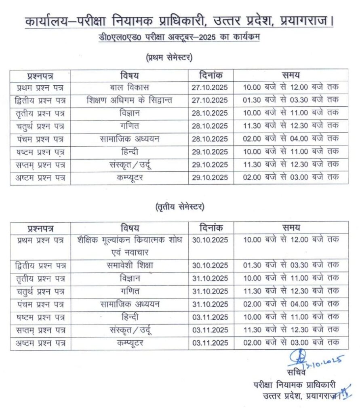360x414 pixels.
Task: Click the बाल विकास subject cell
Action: [x=129, y=87]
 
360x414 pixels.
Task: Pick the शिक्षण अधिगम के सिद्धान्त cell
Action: [x=129, y=100]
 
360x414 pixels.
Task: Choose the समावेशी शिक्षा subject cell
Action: [x=129, y=266]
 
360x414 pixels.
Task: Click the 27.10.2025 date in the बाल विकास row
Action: [x=211, y=88]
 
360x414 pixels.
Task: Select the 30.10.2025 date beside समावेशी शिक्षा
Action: [x=211, y=266]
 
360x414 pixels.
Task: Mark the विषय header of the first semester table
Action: [x=129, y=75]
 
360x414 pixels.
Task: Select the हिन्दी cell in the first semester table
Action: [x=129, y=152]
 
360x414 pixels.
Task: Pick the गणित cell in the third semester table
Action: [x=129, y=291]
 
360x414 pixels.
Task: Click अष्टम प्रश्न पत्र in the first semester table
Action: [x=40, y=178]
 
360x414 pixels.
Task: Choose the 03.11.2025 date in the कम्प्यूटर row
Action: [x=211, y=343]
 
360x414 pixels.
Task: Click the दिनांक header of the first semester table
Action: [x=211, y=75]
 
